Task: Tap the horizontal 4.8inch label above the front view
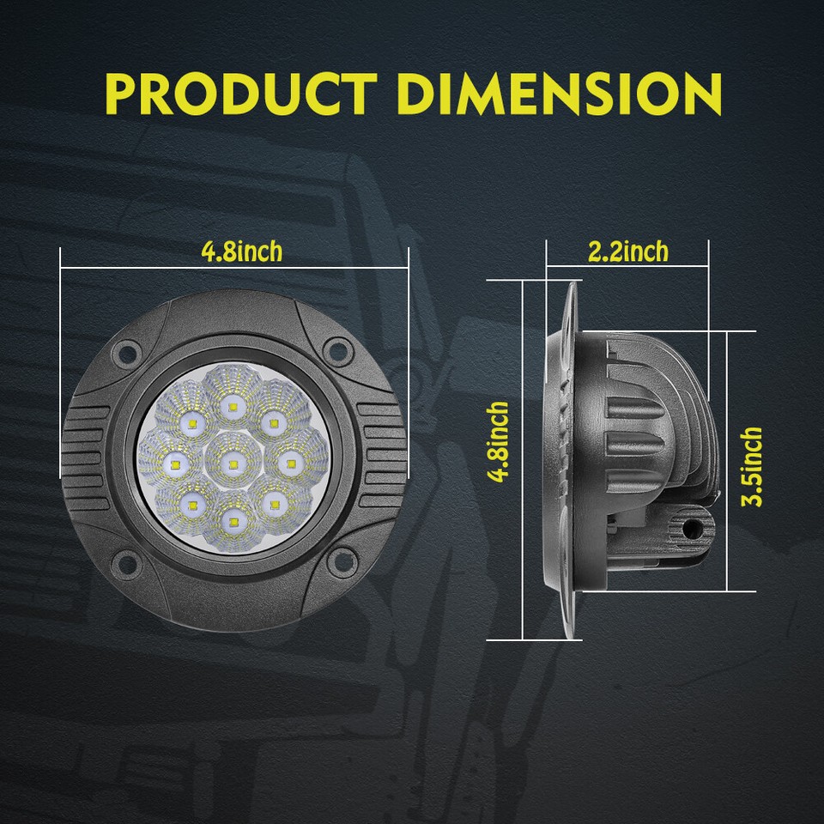coord(241,251)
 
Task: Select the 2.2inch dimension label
coord(627,251)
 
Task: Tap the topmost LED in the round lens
coord(229,403)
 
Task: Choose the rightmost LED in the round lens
coord(291,464)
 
